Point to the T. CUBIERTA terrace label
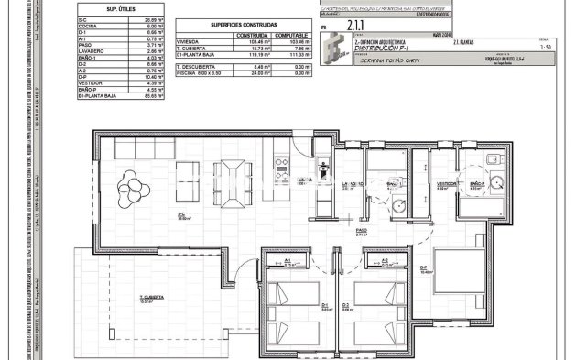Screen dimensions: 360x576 (151, 299)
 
